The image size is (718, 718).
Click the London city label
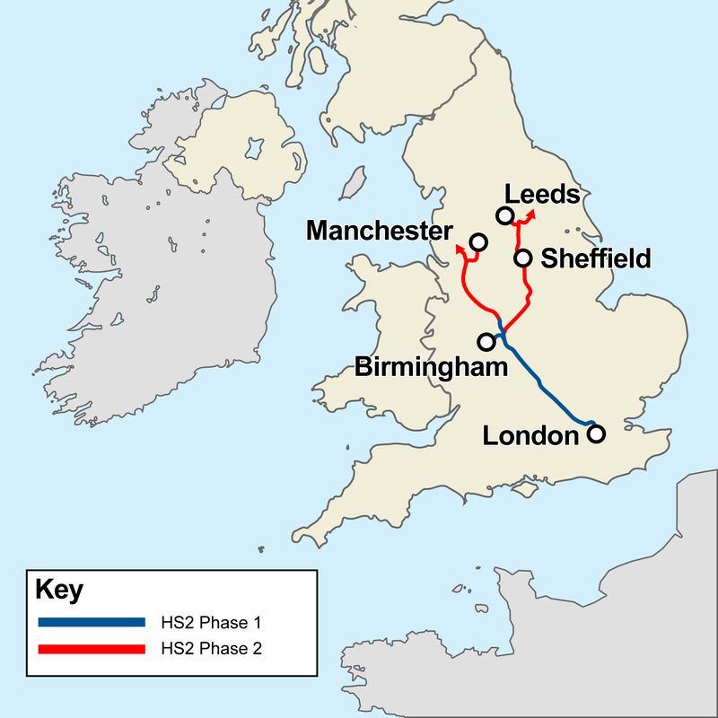(530, 436)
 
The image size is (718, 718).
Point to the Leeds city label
(541, 194)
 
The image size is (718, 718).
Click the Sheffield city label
(595, 259)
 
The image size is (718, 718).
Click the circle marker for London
(595, 434)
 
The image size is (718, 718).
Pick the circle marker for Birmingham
(487, 342)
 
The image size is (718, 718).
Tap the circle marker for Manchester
(478, 242)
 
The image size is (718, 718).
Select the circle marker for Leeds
(504, 215)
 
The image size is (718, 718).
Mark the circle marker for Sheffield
(522, 258)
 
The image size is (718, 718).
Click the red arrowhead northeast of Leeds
(533, 214)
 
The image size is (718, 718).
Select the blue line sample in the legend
(91, 621)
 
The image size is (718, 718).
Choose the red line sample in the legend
(91, 647)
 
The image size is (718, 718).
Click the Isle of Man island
(352, 183)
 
